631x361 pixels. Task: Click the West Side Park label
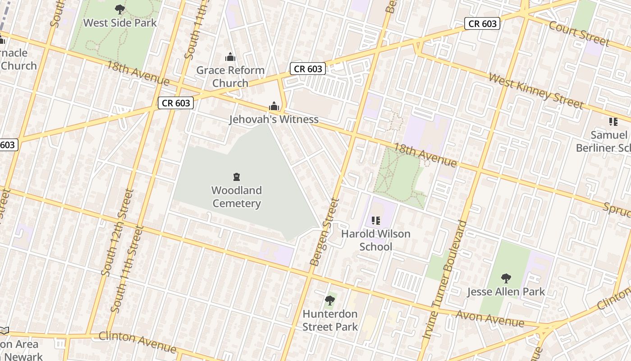click(x=120, y=23)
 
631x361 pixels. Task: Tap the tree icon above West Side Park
click(x=120, y=9)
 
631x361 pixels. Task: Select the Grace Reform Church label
click(x=230, y=76)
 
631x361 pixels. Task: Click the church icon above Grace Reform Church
click(x=230, y=57)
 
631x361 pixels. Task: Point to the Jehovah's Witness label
click(x=274, y=119)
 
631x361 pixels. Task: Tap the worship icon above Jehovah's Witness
click(x=274, y=106)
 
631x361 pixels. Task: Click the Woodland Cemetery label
click(x=237, y=197)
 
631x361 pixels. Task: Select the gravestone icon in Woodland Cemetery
click(x=237, y=177)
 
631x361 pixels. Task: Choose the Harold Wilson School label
click(x=376, y=240)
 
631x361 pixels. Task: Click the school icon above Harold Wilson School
click(x=376, y=220)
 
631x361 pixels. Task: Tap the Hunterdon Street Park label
click(x=330, y=320)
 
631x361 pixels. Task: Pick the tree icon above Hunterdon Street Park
click(x=330, y=300)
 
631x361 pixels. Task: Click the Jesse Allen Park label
click(x=506, y=292)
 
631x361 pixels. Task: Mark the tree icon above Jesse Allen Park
click(x=506, y=278)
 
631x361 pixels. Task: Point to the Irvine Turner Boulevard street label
click(x=444, y=280)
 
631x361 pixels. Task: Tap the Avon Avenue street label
click(x=489, y=319)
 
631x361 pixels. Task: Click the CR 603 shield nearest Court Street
click(x=482, y=23)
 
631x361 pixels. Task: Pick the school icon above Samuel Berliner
click(x=613, y=121)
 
